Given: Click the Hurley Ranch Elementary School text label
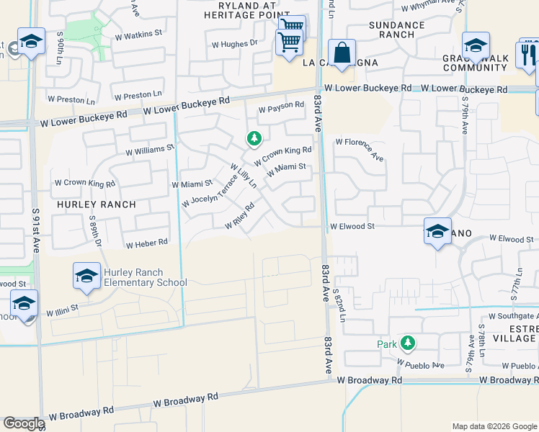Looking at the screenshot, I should click(145, 277).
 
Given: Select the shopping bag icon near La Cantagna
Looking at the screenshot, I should click(342, 53).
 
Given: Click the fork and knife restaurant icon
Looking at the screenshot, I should click(527, 54).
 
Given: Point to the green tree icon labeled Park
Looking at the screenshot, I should click(408, 343).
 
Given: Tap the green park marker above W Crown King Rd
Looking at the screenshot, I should click(253, 138).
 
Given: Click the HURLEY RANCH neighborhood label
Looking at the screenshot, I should click(90, 204).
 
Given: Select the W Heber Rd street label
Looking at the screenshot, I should click(146, 244).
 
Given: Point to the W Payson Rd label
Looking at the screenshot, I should click(281, 107).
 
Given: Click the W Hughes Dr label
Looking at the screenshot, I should click(233, 44).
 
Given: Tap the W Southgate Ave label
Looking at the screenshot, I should click(513, 315).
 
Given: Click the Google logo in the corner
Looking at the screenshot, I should click(23, 423).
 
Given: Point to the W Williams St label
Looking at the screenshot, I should click(150, 150).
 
